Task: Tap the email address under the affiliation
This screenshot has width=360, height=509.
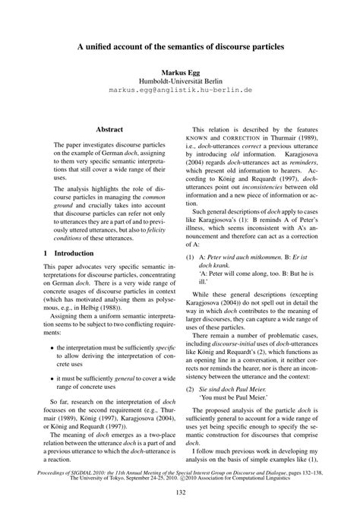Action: point(180,90)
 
